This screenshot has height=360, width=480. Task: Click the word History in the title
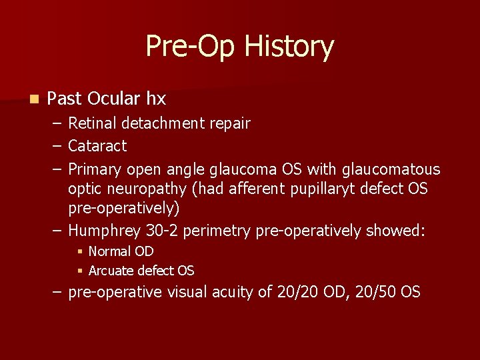pos(289,47)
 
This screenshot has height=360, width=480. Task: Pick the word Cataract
pos(97,145)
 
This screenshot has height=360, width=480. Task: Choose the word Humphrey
pos(104,231)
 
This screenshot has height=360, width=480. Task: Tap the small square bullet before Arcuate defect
pos(79,271)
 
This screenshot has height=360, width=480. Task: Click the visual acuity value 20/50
pos(374,292)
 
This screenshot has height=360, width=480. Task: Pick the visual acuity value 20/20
pos(299,292)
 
